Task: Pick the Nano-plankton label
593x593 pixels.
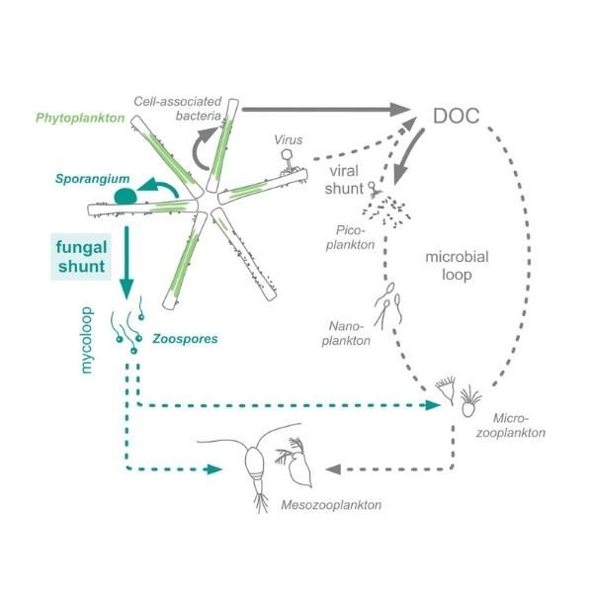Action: pos(350,332)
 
